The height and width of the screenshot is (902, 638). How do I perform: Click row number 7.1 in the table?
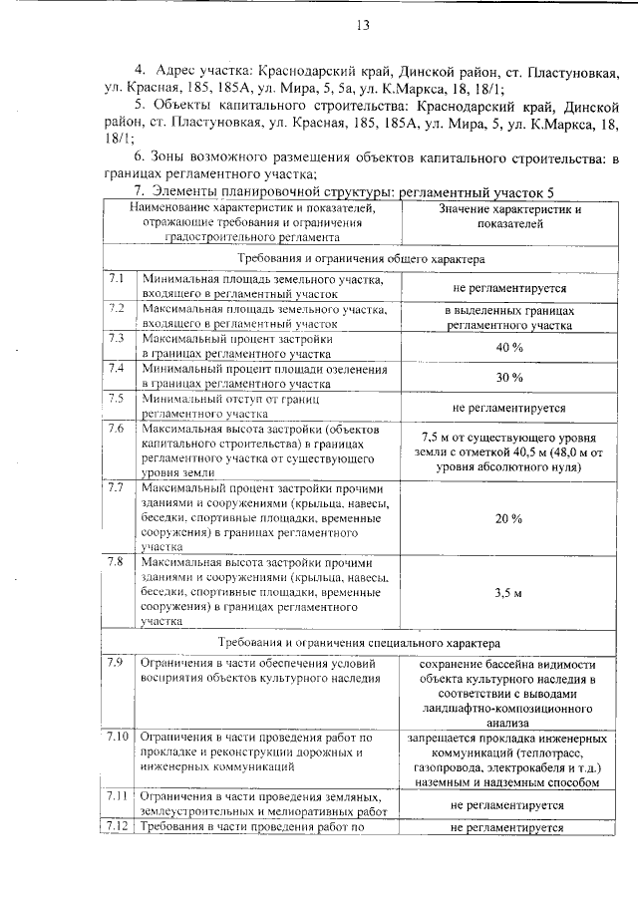click(117, 279)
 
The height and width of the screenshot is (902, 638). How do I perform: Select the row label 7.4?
click(117, 369)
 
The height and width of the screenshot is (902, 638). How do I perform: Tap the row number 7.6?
click(117, 429)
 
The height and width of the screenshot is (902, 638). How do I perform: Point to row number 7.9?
click(117, 663)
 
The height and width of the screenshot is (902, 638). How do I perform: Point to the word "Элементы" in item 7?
click(188, 191)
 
